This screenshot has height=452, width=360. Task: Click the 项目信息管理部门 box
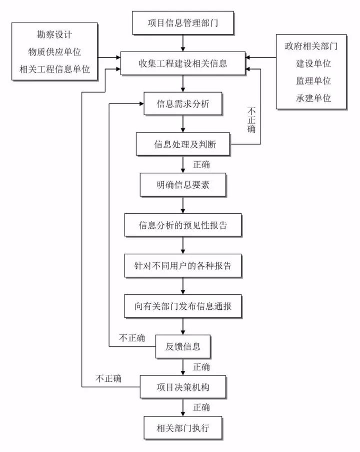click(x=183, y=23)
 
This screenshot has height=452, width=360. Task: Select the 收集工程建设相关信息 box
click(x=183, y=64)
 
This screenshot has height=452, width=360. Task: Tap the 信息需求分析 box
click(x=183, y=104)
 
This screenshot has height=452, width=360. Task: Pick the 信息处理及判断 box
click(x=183, y=145)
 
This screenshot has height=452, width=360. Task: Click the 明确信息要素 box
click(x=183, y=185)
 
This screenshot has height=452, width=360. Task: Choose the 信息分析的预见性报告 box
click(x=183, y=225)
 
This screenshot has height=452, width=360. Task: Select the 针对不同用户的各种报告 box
click(x=183, y=266)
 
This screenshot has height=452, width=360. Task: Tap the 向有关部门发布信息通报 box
click(x=183, y=306)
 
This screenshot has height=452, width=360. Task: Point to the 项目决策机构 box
click(x=183, y=387)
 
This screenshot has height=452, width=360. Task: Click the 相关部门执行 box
click(x=183, y=427)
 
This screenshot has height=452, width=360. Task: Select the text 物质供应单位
click(x=54, y=52)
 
